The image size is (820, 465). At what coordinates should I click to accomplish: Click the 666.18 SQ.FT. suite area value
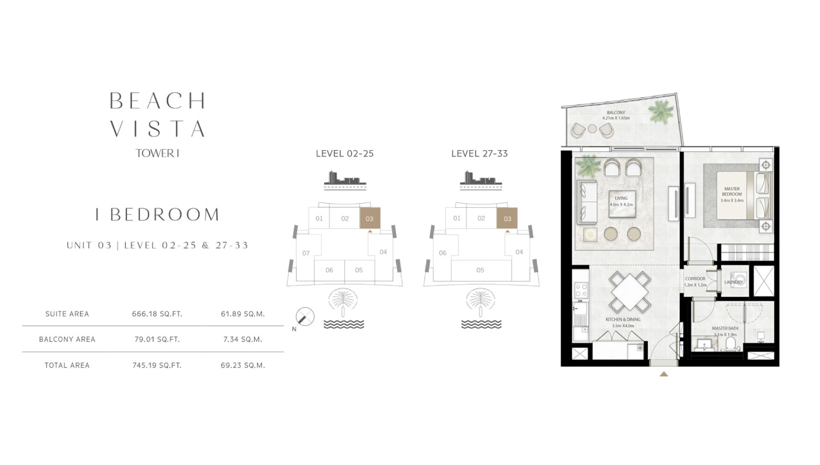point(157,314)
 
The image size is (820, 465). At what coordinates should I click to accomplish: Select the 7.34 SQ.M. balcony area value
point(243,339)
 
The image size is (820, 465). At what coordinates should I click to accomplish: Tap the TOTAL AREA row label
point(67,365)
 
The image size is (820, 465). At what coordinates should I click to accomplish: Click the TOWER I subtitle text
point(157,153)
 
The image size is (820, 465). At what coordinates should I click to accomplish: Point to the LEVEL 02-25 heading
point(345,154)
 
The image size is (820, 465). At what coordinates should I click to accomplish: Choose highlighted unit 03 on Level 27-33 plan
point(507,218)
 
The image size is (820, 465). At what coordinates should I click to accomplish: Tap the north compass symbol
point(305,317)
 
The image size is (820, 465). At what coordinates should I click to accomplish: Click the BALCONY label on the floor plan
point(616,113)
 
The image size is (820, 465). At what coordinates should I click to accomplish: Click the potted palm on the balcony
point(660,112)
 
